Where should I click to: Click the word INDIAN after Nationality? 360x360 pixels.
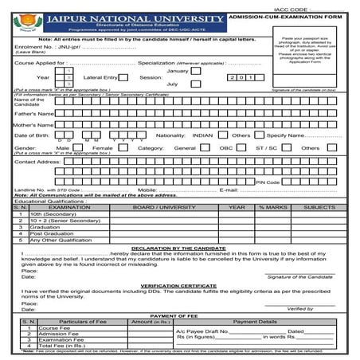[203, 135]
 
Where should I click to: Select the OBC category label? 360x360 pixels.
[227, 148]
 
